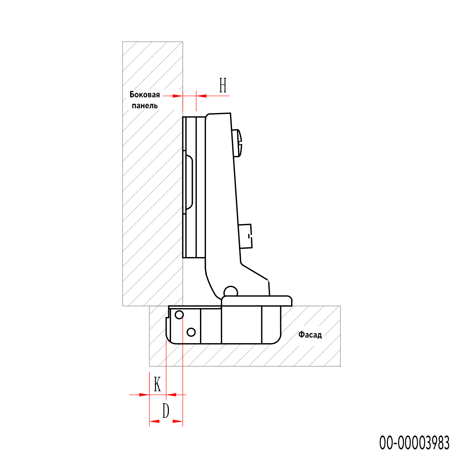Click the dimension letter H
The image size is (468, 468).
click(223, 85)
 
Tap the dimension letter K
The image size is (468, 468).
click(157, 384)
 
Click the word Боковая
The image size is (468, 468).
click(145, 95)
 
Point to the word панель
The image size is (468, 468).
click(145, 106)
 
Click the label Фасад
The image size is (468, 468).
click(310, 335)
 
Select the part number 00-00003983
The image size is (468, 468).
click(414, 443)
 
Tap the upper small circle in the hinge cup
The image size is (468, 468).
click(179, 315)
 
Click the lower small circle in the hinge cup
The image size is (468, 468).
click(191, 332)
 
